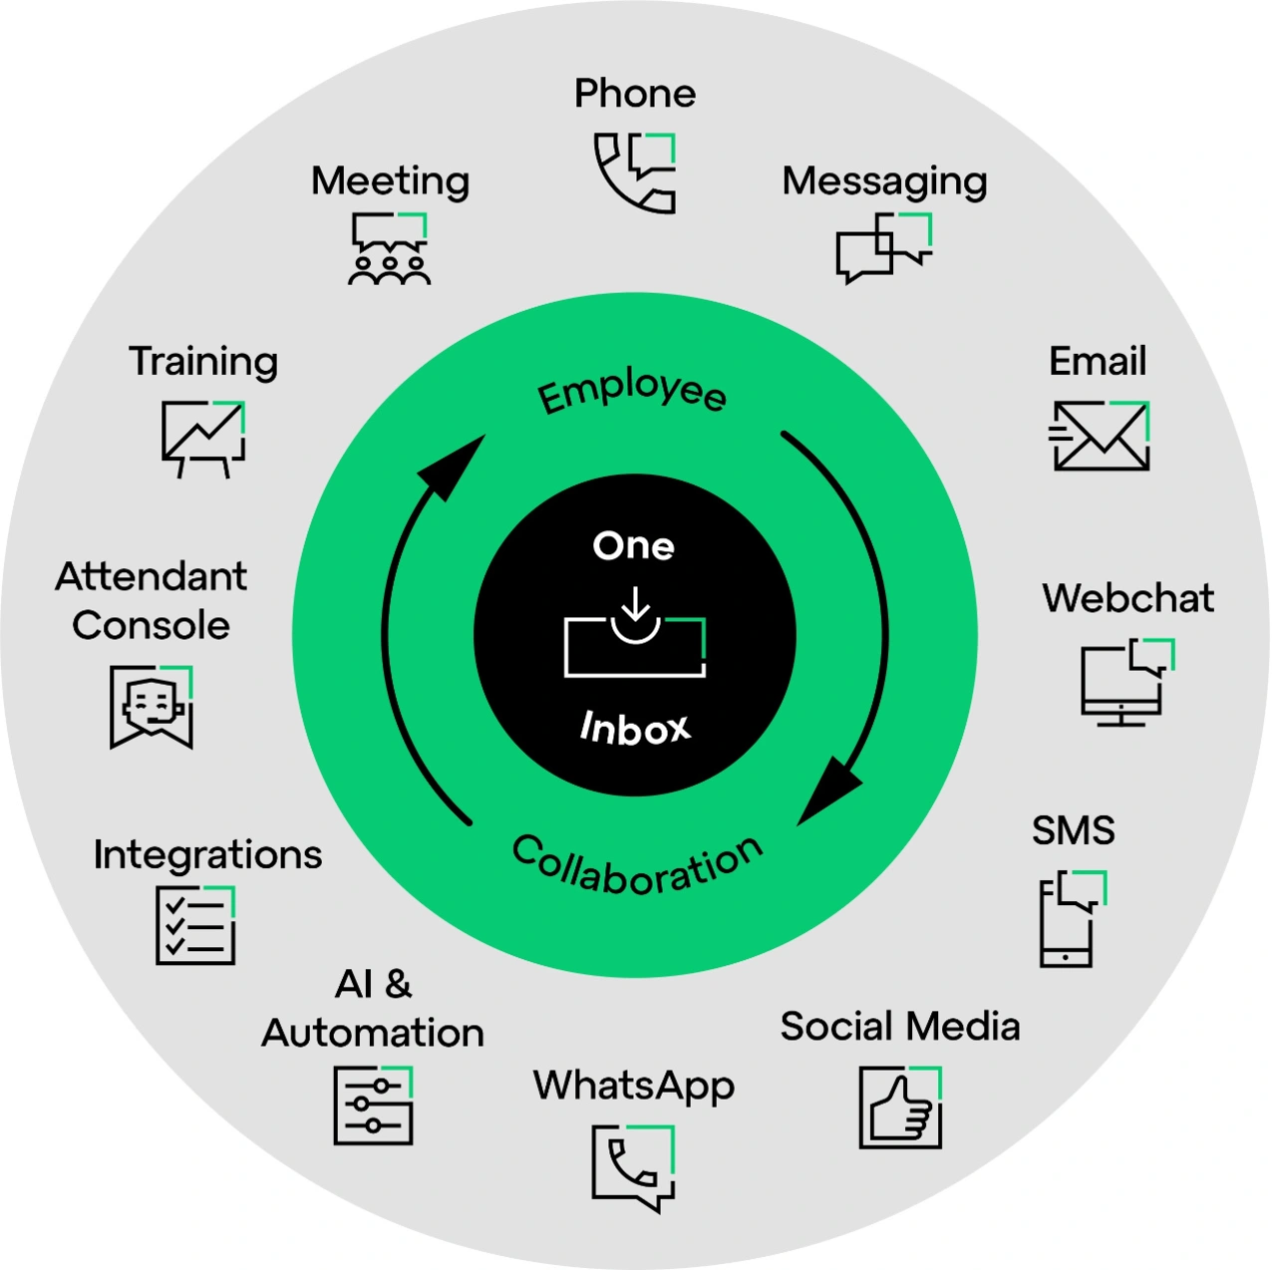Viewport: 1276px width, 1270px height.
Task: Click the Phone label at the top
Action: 635,94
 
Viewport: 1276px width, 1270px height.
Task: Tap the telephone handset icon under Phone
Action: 635,172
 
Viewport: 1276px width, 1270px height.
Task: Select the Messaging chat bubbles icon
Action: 884,247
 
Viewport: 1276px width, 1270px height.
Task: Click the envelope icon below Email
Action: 1101,436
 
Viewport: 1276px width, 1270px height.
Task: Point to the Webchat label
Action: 1127,598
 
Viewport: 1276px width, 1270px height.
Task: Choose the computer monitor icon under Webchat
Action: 1125,683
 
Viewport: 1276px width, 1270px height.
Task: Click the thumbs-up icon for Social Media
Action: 900,1107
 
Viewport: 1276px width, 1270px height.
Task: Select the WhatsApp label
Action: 634,1086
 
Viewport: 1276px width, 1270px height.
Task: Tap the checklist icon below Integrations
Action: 195,926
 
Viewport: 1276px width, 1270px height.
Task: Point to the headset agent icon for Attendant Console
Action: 152,707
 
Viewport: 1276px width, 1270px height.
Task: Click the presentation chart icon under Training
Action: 203,438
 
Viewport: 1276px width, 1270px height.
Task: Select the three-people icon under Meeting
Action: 390,249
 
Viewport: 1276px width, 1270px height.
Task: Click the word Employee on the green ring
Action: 632,392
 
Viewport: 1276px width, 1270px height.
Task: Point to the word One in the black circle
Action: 634,545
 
